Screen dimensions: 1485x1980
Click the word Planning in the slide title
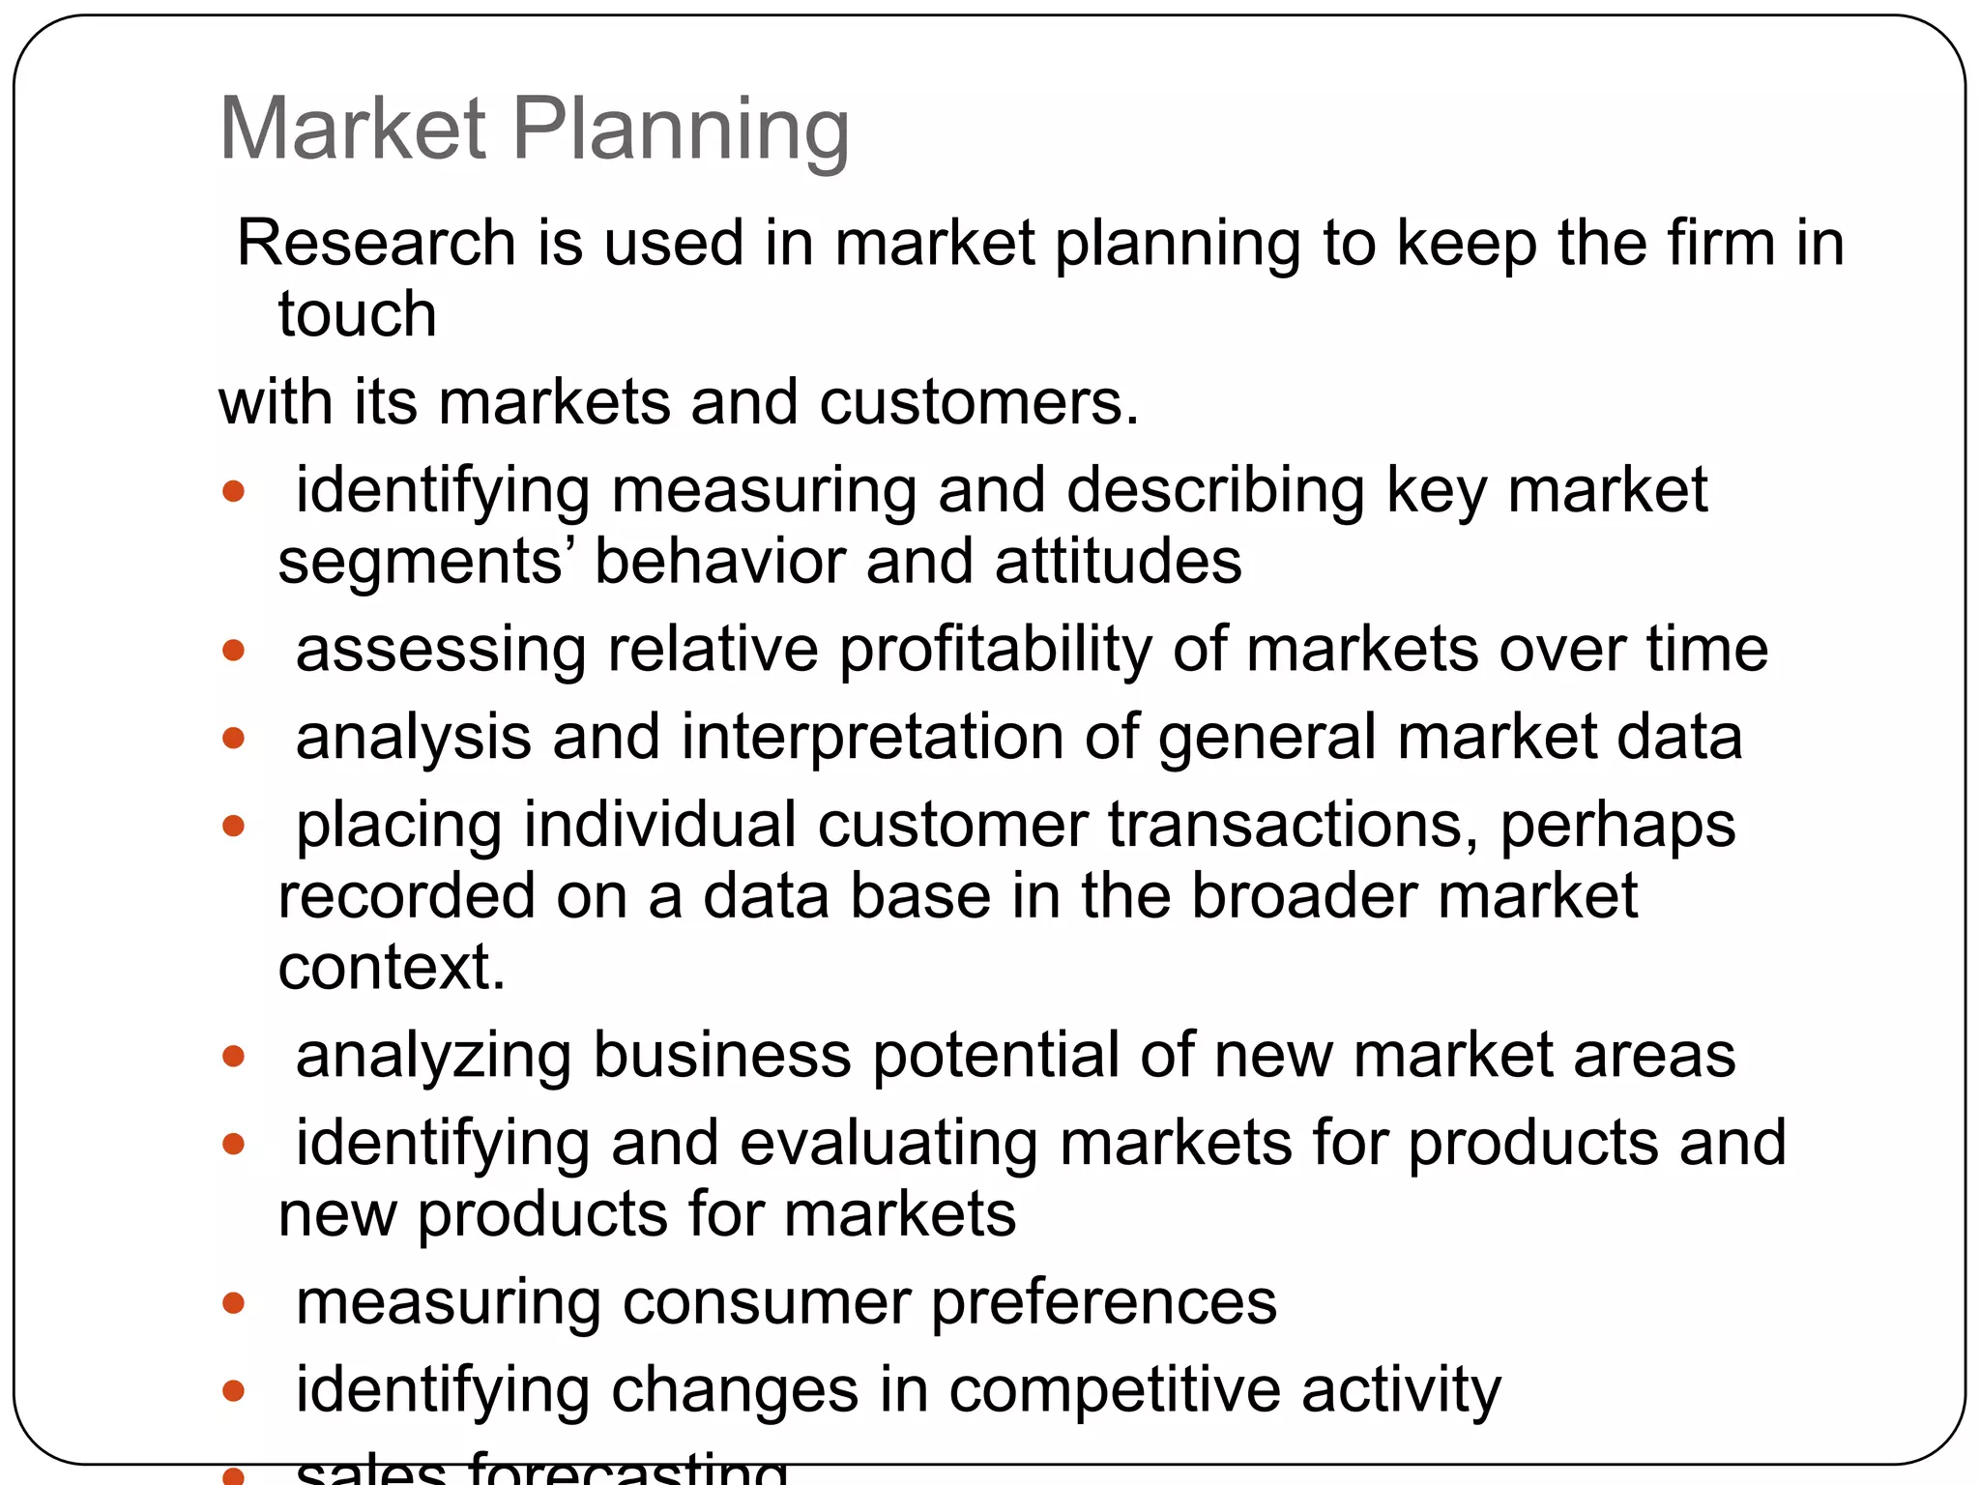point(681,130)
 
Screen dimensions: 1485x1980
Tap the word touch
point(357,314)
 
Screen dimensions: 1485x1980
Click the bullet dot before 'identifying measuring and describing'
point(233,491)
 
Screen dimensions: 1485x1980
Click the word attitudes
point(1118,561)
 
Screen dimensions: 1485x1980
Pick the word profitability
point(996,650)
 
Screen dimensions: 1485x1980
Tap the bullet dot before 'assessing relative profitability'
point(233,650)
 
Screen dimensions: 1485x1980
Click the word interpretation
point(872,738)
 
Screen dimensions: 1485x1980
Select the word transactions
point(1293,825)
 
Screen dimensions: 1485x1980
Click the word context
point(392,967)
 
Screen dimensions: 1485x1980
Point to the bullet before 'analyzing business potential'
point(233,1055)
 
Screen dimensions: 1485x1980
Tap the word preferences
point(1103,1302)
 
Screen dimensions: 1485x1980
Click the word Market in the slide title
point(353,130)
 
